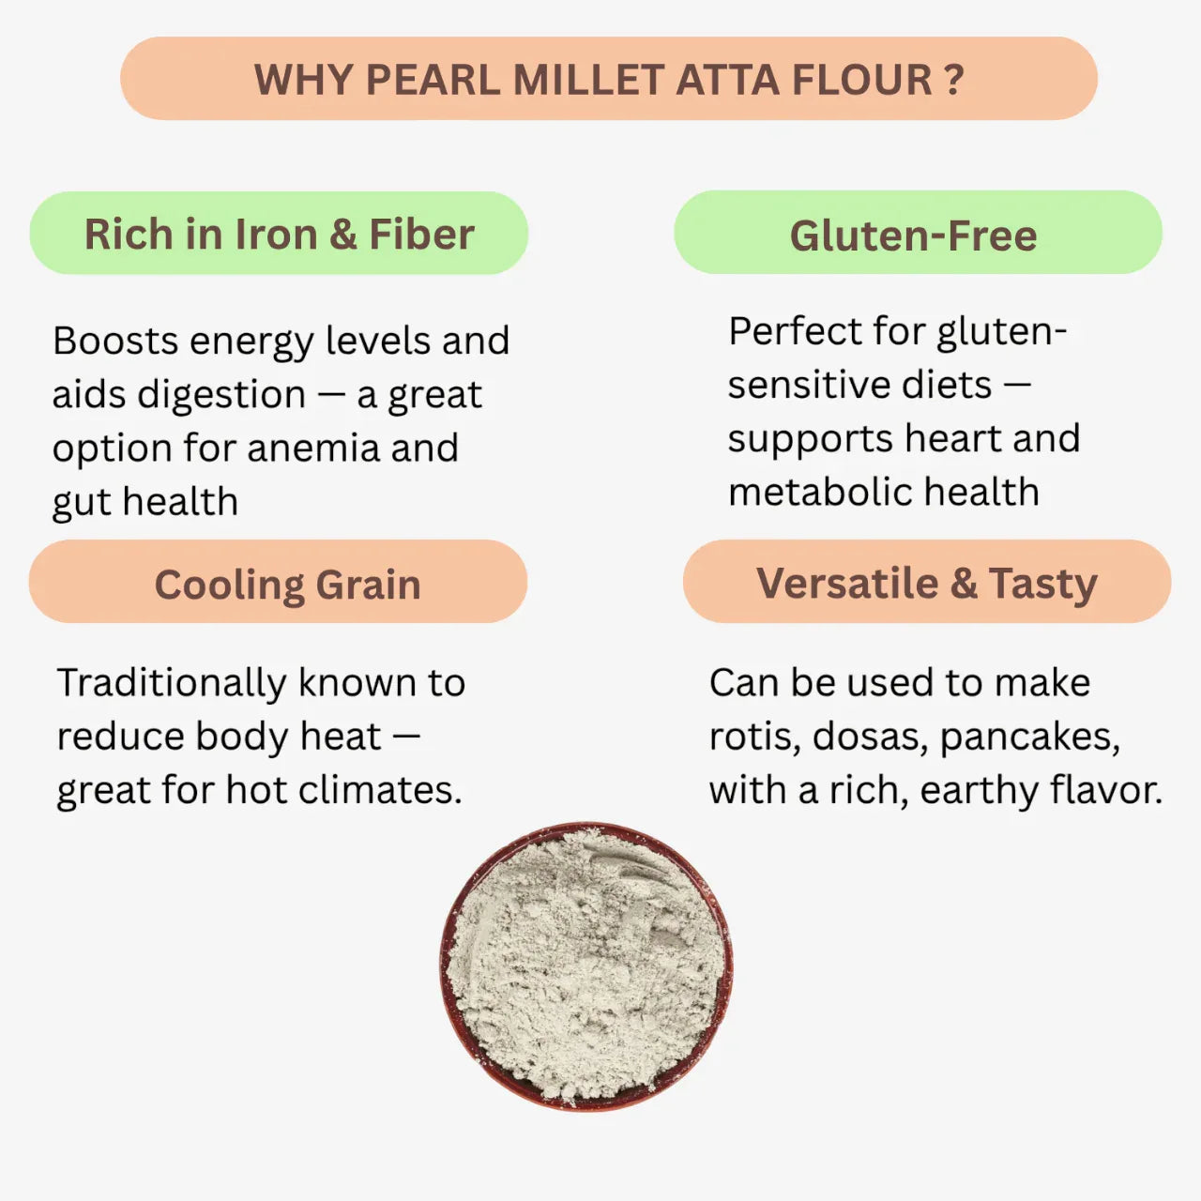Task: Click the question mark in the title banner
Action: [x=954, y=80]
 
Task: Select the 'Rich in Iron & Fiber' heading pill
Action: [x=279, y=234]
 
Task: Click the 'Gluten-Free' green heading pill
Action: [x=917, y=235]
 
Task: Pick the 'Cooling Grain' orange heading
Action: [x=279, y=584]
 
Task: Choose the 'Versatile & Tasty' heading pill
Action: [x=926, y=583]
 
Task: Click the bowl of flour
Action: [x=586, y=966]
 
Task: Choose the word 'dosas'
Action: [x=869, y=737]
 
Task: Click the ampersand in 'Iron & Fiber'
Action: [x=342, y=235]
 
